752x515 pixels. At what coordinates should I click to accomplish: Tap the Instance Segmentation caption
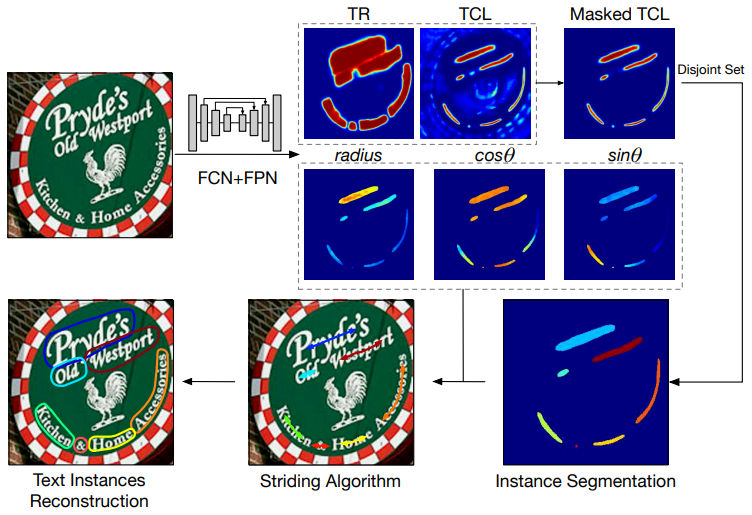(x=585, y=482)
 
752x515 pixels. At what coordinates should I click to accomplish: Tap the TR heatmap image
(x=358, y=82)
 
